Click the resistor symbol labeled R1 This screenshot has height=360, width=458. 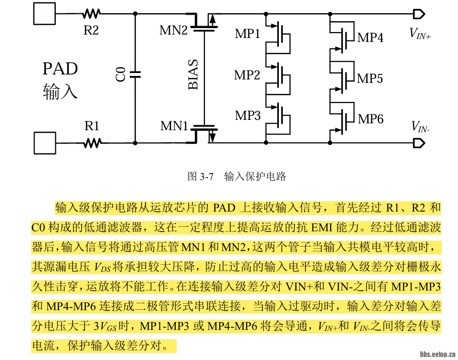pos(92,143)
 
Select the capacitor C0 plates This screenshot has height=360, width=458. pos(135,74)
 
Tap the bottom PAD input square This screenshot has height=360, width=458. pos(44,143)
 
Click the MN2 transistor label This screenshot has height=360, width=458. pos(173,31)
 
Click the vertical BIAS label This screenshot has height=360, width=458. pos(193,75)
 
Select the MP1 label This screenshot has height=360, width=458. pos(247,34)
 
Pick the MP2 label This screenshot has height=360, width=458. pos(247,75)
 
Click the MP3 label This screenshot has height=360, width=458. pos(247,115)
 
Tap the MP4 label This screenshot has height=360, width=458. pos(370,37)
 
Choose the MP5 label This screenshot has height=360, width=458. pos(370,78)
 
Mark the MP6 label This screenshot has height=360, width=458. pos(371,119)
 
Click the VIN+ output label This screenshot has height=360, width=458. pos(420,34)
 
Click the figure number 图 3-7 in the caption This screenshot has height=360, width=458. pos(200,177)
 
